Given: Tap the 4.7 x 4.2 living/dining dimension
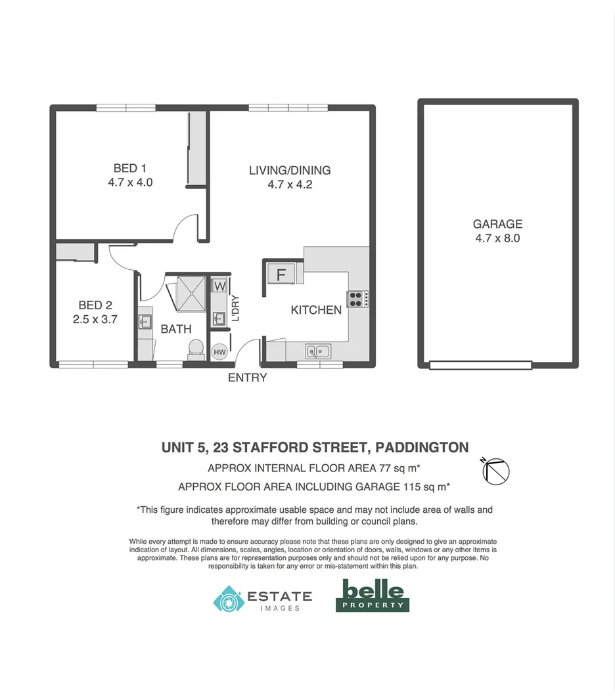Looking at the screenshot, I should pos(289,185).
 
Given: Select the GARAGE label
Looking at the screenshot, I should pos(497,224).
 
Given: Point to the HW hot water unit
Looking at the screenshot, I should pos(219,353).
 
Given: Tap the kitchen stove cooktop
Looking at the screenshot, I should pos(356,299).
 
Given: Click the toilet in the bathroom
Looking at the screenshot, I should pos(195,348).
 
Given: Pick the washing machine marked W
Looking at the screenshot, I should pos(219,286).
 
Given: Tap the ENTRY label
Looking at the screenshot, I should pos(247,378).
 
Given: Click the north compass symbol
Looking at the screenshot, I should pos(496,469).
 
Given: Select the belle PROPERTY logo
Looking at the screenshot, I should pos(373,595).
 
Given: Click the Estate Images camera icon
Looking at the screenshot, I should pos(228,599).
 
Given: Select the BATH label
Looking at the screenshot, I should pos(176,329).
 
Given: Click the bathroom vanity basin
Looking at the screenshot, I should pos(145,322).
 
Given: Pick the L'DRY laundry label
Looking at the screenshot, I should pos(235,309).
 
